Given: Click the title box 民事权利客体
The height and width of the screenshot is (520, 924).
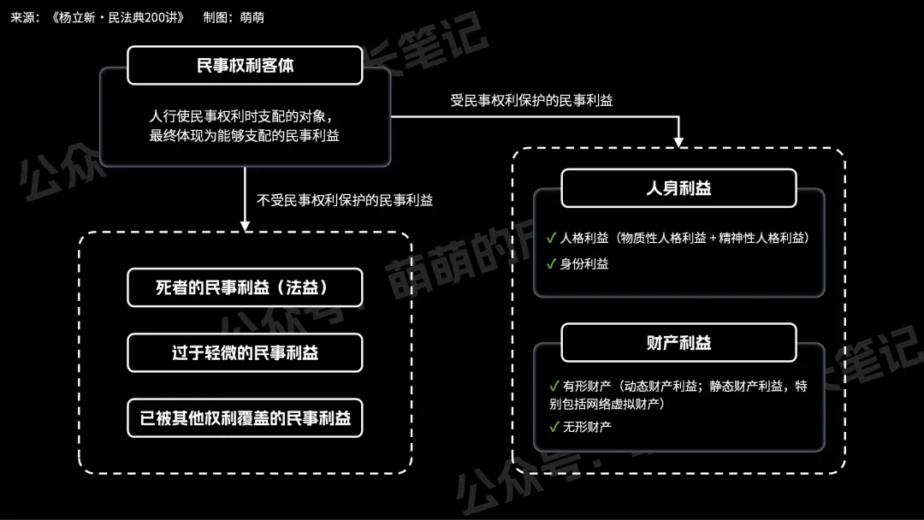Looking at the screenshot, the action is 245,65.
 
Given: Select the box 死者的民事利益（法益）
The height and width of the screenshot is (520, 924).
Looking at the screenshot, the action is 245,287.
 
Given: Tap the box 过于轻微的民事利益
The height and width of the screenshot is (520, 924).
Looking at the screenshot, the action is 245,352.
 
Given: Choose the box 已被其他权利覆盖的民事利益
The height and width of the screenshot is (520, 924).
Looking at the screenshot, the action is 245,418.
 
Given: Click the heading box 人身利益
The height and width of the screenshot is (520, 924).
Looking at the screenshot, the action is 678,188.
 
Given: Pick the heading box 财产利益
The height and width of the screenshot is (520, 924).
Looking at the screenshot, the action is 678,343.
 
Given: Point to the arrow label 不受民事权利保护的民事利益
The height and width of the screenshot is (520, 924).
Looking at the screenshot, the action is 345,201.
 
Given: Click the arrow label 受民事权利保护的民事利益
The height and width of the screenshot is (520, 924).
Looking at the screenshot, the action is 531,100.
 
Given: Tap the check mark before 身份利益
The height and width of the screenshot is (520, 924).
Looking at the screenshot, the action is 551,263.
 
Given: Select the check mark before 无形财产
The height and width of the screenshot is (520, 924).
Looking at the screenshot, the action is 553,426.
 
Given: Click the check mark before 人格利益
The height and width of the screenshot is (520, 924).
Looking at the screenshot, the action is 551,238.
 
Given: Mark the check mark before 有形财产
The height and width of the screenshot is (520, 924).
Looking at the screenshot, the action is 553,386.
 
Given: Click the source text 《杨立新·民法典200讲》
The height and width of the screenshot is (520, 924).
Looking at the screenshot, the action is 117,17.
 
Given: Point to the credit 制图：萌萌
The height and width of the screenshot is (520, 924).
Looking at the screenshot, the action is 234,17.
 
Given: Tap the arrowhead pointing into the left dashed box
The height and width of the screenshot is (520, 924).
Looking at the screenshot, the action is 245,226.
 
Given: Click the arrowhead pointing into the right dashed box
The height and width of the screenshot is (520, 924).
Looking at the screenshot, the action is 678,141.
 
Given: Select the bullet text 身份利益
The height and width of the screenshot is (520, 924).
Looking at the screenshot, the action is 584,264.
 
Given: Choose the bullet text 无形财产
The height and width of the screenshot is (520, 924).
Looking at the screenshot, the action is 587,427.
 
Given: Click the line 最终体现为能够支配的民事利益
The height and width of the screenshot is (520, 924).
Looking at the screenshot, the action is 245,136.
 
